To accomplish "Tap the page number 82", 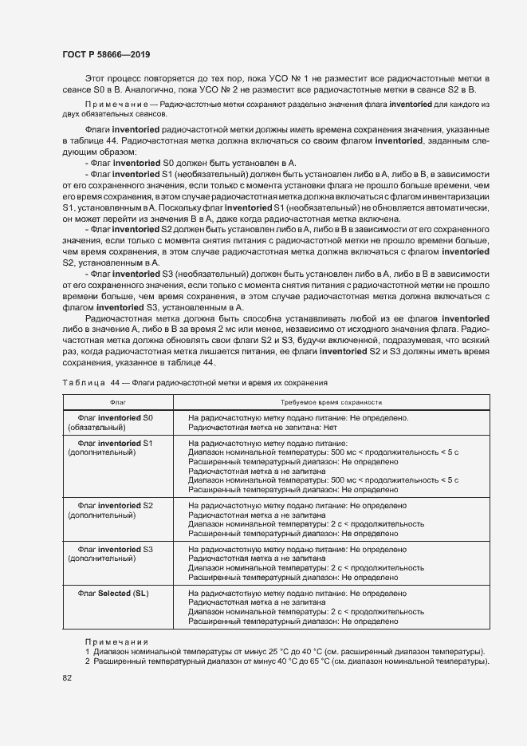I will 67,677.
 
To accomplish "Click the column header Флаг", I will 117,402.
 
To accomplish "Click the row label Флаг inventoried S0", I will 115,417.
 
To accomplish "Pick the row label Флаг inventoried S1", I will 115,443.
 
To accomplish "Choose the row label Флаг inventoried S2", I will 115,506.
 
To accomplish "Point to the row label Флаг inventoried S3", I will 115,550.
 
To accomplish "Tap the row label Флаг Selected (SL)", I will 112,594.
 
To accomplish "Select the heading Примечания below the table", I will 116,641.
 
